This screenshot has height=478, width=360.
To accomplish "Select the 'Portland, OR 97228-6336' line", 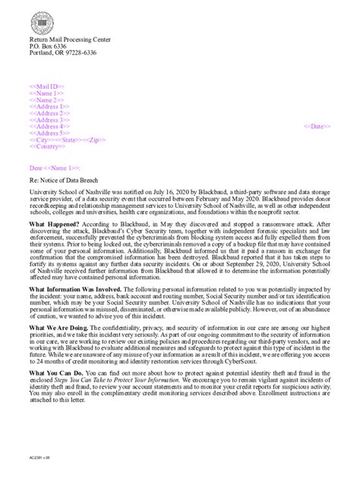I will point(63,52).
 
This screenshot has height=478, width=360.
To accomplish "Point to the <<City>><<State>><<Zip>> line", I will point(61,140).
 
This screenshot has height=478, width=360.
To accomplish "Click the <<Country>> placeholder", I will point(46,146).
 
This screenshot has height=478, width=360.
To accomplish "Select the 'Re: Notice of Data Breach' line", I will point(65,181).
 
